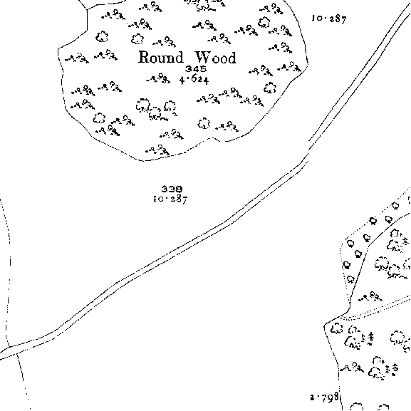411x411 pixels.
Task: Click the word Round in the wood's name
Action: tap(161, 57)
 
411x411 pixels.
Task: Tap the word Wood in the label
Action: tap(215, 58)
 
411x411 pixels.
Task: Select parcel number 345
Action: tap(196, 69)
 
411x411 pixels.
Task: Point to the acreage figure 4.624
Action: tap(194, 79)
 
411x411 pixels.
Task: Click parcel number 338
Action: tap(172, 189)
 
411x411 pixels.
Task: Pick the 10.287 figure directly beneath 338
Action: tap(171, 199)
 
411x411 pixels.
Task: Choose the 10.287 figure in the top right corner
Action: tap(329, 19)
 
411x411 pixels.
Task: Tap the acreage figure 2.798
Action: tap(325, 398)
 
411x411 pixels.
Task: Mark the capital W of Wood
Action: tap(203, 58)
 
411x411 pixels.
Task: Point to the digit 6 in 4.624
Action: tap(194, 78)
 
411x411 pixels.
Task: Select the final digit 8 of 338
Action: tap(179, 189)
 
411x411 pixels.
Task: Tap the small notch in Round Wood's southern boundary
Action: tap(213, 139)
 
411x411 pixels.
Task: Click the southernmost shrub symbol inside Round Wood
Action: tap(157, 150)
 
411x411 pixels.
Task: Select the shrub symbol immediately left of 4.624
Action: tap(158, 78)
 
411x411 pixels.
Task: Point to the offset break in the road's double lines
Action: tap(308, 152)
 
